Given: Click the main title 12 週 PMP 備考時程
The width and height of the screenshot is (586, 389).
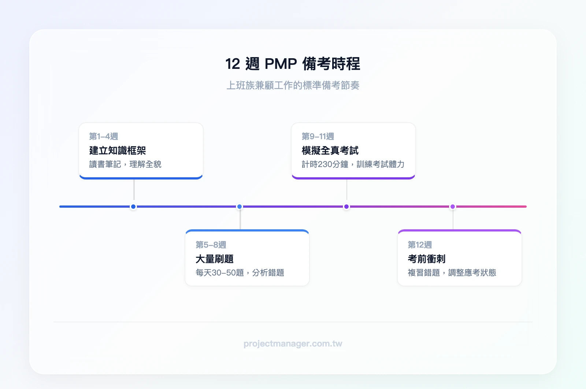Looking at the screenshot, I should (293, 64).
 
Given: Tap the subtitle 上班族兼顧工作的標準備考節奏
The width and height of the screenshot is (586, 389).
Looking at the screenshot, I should (293, 85).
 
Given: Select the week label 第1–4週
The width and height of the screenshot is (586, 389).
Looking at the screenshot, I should (104, 136).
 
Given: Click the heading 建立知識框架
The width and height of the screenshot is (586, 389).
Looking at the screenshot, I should (118, 150).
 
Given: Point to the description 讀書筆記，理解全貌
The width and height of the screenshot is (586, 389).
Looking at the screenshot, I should (125, 164).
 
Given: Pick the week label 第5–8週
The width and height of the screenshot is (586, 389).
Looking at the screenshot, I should (211, 245).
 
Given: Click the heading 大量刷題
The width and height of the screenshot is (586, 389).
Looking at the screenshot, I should (215, 259).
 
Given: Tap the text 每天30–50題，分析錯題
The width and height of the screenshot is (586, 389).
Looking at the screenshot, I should (240, 273).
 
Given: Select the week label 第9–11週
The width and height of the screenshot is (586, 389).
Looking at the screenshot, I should (318, 136).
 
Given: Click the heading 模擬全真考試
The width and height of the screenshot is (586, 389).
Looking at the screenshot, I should (330, 150).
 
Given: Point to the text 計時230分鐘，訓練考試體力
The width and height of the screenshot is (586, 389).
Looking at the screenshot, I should (353, 164).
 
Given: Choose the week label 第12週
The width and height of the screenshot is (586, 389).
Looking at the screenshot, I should (420, 245).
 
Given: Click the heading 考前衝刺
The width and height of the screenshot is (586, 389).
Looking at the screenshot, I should (427, 259).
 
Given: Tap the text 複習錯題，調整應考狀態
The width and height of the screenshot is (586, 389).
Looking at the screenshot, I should (452, 273).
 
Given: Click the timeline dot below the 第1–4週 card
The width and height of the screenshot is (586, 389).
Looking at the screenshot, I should (133, 207).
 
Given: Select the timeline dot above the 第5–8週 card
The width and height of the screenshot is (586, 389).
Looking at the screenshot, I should (240, 207).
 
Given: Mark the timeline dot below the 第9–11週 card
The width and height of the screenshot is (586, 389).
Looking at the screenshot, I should (346, 207).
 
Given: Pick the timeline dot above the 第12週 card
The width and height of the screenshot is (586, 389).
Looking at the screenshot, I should (453, 207).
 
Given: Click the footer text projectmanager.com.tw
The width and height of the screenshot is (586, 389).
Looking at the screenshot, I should (293, 344).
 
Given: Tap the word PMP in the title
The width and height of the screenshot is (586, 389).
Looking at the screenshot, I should (281, 64).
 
